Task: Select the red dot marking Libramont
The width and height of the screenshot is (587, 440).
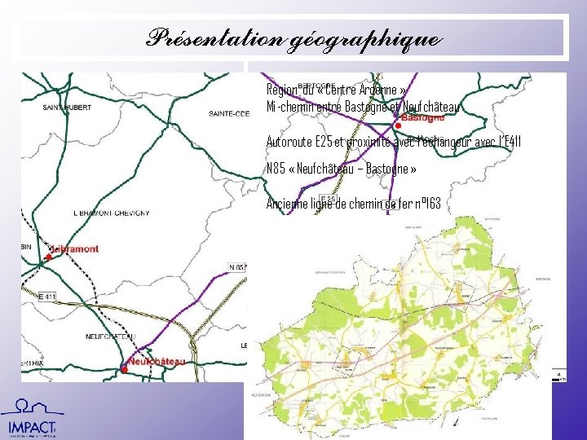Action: pyautogui.click(x=49, y=257)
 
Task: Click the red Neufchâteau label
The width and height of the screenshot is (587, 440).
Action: pyautogui.click(x=157, y=361)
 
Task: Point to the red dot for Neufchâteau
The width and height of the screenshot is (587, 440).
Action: pyautogui.click(x=124, y=369)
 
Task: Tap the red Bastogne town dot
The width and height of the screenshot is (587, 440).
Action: pyautogui.click(x=397, y=125)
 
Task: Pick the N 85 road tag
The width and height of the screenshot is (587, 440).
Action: pyautogui.click(x=236, y=267)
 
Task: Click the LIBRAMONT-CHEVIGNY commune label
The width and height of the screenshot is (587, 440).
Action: pyautogui.click(x=112, y=213)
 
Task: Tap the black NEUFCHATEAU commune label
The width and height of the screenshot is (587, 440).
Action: pyautogui.click(x=109, y=337)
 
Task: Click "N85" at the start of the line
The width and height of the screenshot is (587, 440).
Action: pyautogui.click(x=275, y=169)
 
